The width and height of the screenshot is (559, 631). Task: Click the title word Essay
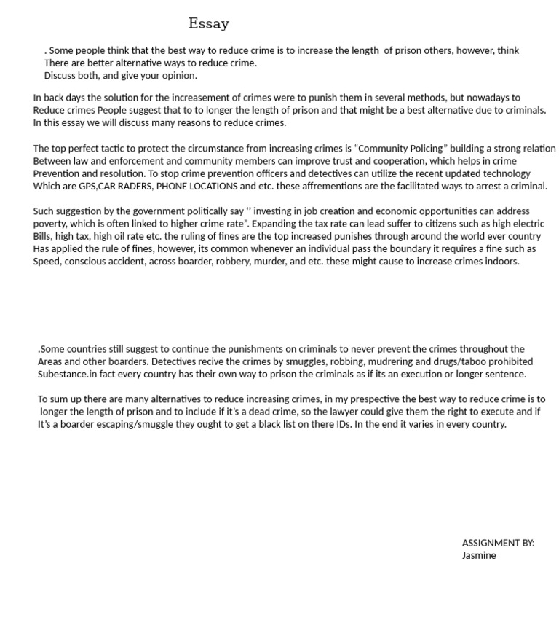click(208, 23)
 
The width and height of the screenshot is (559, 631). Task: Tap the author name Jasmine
click(478, 555)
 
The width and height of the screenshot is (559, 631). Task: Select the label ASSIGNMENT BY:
click(498, 543)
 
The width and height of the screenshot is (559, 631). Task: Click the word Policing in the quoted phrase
click(421, 149)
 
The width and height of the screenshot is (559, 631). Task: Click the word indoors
click(501, 262)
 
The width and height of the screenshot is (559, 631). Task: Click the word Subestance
click(62, 374)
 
